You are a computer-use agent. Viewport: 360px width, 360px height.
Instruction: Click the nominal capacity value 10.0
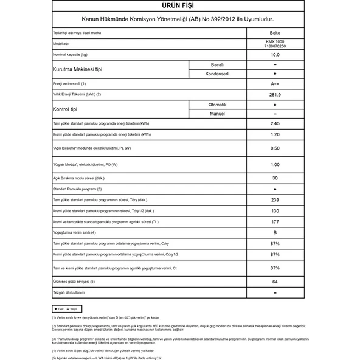pyautogui.click(x=275, y=55)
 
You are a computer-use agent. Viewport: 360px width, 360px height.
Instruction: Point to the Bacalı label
pyautogui.click(x=217, y=65)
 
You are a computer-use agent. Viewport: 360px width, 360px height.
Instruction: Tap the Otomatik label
pyautogui.click(x=216, y=105)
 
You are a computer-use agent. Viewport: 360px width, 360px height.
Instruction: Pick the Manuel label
pyautogui.click(x=217, y=113)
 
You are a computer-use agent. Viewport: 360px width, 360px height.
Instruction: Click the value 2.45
pyautogui.click(x=275, y=123)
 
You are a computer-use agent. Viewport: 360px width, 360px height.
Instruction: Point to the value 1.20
pyautogui.click(x=275, y=134)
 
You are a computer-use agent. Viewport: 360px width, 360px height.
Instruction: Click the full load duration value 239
pyautogui.click(x=275, y=199)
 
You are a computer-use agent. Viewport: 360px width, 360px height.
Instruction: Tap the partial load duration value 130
pyautogui.click(x=275, y=210)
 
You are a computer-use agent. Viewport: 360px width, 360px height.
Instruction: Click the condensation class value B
pyautogui.click(x=275, y=233)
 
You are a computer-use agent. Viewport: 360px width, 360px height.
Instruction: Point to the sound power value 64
pyautogui.click(x=275, y=282)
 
